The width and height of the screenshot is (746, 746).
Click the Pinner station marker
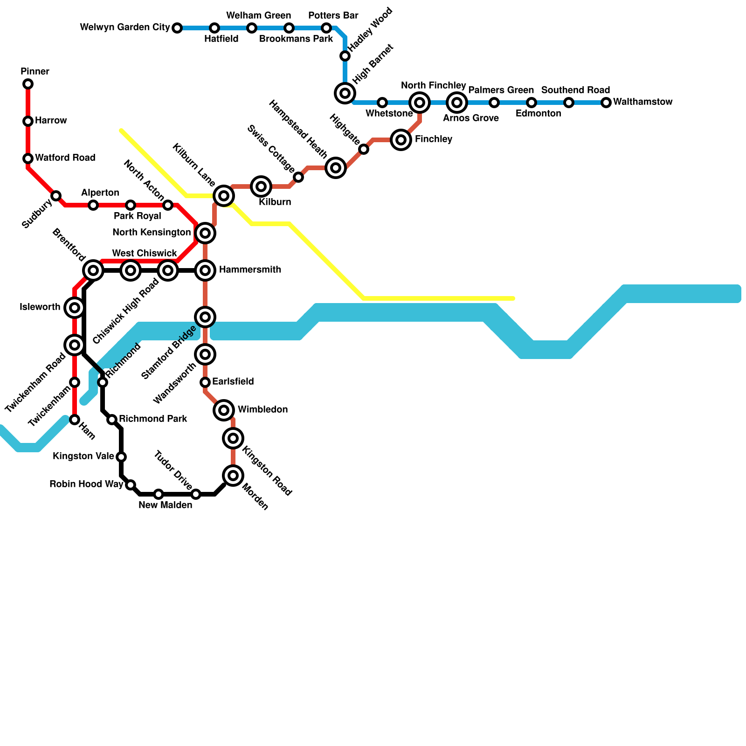[x=28, y=84]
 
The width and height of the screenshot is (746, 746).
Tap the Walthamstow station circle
[x=606, y=103]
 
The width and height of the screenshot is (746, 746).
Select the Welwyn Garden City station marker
[x=177, y=28]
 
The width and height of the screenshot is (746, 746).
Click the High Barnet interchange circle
[x=345, y=93]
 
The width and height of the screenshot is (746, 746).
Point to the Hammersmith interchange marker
[x=205, y=270]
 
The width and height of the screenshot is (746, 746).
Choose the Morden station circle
[x=233, y=476]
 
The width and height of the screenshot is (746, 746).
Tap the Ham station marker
[x=75, y=420]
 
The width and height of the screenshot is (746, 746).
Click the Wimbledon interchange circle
[x=224, y=410]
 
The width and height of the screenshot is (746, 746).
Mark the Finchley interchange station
[x=401, y=139]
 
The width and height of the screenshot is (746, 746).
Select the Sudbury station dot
[x=56, y=196]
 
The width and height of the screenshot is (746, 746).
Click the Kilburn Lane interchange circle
[x=224, y=196]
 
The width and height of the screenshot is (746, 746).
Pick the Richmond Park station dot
[x=112, y=420]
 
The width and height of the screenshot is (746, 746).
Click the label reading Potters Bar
[x=333, y=15]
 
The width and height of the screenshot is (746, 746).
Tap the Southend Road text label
[x=575, y=90]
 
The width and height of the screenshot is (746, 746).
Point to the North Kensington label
[x=152, y=232]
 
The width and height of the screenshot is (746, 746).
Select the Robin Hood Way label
[x=86, y=484]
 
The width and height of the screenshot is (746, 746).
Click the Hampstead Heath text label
[x=298, y=128]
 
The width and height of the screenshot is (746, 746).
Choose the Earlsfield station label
[x=233, y=382]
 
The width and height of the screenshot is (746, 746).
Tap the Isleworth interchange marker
[x=75, y=308]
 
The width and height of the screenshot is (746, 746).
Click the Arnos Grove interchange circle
[x=457, y=103]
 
